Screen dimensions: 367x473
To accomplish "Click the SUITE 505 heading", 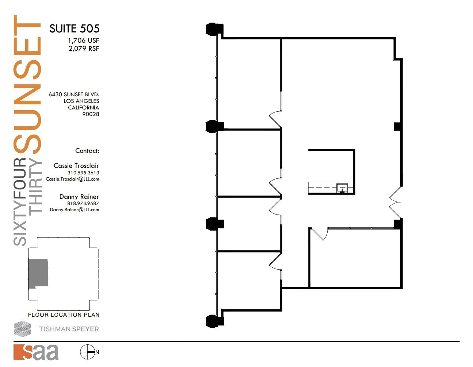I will tap(74, 28).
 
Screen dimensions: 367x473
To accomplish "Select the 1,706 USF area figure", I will tap(83, 40).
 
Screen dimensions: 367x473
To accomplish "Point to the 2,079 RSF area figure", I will tap(84, 48).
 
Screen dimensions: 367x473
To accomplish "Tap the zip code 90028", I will tap(91, 114).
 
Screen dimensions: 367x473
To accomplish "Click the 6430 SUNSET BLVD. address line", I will tap(74, 94).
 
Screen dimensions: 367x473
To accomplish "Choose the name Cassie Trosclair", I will tap(76, 166).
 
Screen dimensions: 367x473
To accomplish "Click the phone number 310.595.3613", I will tap(83, 173).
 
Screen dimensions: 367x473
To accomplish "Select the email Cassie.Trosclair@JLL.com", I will tap(72, 179).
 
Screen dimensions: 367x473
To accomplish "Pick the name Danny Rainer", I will tap(79, 197).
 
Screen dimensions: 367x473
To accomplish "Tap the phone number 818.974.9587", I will tap(83, 204).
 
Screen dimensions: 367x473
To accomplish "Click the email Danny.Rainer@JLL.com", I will tap(75, 210).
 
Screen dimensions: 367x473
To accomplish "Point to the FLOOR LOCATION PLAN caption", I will tap(64, 315).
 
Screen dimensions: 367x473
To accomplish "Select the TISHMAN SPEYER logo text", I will tap(69, 329).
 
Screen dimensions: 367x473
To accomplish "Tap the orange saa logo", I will tap(36, 352).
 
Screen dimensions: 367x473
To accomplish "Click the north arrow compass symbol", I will tap(88, 352).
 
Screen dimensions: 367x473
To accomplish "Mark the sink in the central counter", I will tap(342, 188).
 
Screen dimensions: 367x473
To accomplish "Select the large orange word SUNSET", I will tap(27, 84).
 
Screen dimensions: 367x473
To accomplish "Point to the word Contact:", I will tap(87, 151).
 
